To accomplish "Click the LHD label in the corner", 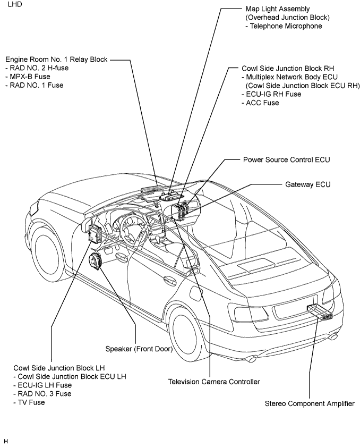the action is coord(15,4).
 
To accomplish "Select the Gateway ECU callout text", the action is coord(307,184).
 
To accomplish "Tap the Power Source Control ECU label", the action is coord(286,159).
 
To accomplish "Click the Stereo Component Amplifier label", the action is coord(310,403).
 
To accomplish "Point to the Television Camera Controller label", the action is coord(214,382).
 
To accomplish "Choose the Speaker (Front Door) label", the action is coord(139,349).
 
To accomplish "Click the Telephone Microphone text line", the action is coord(284,26).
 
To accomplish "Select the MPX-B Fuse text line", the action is coord(28,77).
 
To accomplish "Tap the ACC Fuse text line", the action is coord(260,103).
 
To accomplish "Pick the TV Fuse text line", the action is coord(29,402).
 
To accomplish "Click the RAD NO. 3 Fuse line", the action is coord(42,394).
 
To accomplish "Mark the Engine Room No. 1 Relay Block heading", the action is coord(56,60).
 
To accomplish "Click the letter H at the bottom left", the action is coord(6,442).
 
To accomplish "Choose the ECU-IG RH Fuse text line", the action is coord(271,94).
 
